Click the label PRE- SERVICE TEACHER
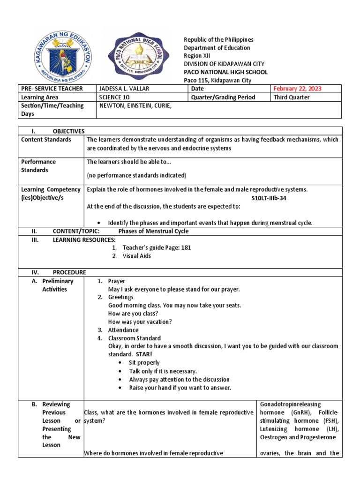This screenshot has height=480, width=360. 52,89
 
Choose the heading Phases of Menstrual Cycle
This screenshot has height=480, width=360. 153,231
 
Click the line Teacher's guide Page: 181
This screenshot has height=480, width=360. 157,247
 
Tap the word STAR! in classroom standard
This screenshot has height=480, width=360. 139,354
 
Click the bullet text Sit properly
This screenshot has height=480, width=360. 144,363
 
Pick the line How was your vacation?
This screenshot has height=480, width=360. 140,322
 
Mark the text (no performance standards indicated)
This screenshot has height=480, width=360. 137,175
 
